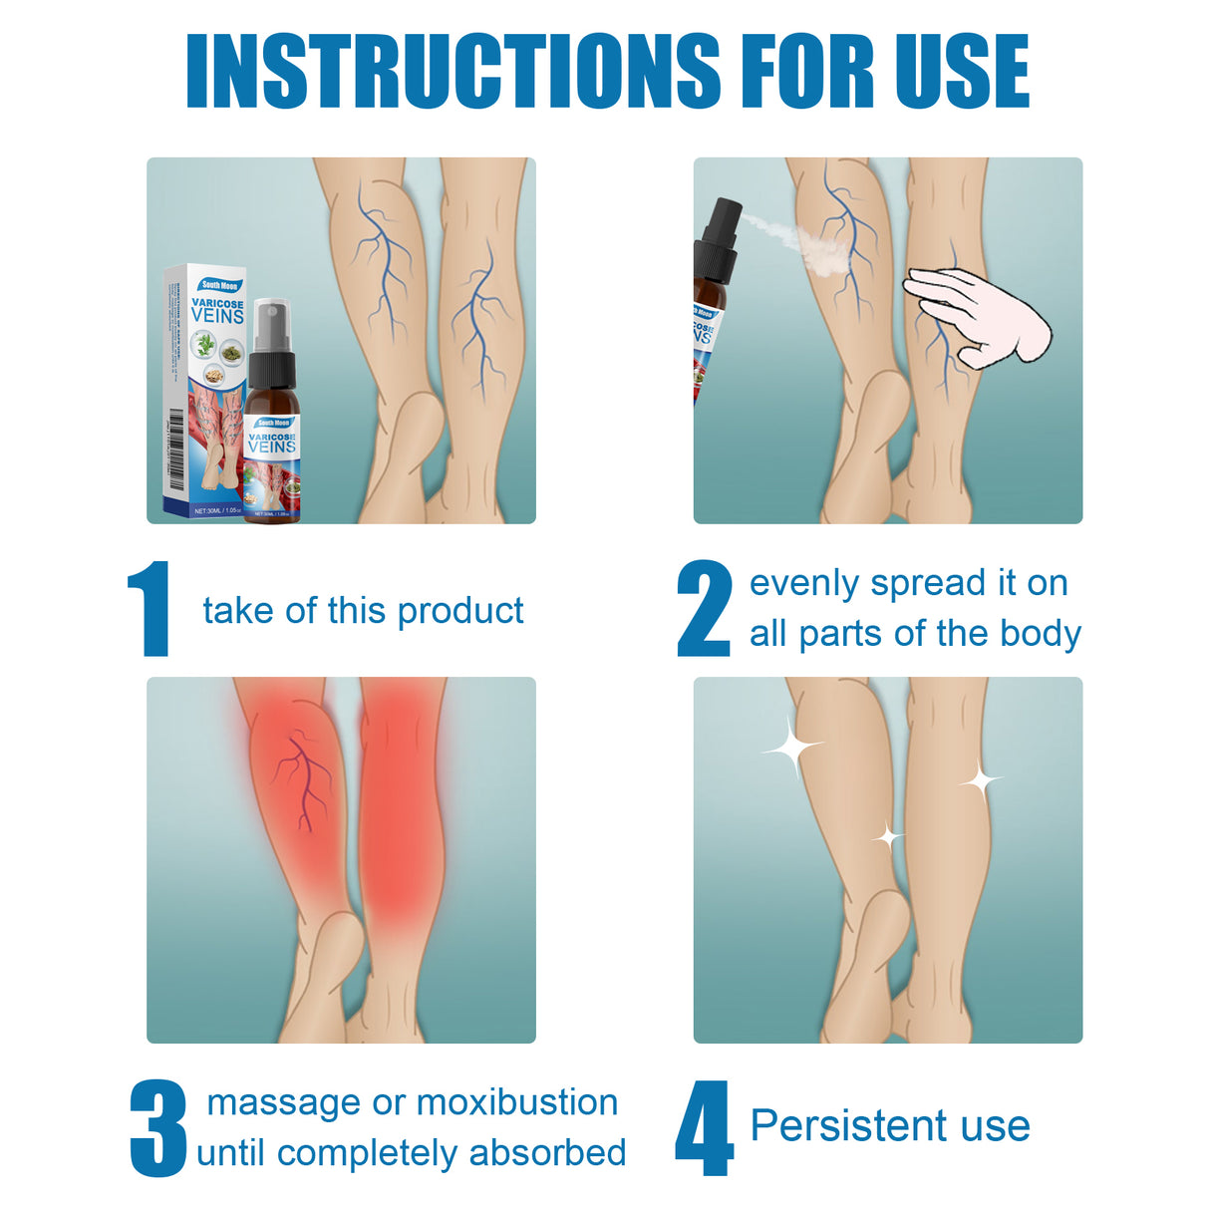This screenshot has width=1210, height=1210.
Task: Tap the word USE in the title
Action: coord(961,71)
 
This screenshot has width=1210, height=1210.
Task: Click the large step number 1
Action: coord(150,609)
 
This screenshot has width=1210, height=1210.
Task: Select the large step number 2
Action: coord(704,609)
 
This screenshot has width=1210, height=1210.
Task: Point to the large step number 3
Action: coord(157,1128)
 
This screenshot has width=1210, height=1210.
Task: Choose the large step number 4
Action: coord(704,1128)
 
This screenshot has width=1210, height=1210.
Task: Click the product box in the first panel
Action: coord(205,389)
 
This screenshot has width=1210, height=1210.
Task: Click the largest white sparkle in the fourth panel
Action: coord(791,747)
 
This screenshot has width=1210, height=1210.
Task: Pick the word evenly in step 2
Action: coord(805,583)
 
